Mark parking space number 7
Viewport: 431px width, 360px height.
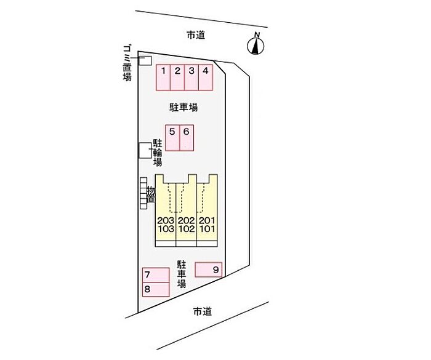pyautogui.click(x=156, y=274)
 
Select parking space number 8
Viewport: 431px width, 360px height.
pyautogui.click(x=156, y=289)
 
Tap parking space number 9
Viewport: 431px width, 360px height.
pyautogui.click(x=209, y=270)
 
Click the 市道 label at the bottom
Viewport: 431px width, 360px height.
pyautogui.click(x=202, y=311)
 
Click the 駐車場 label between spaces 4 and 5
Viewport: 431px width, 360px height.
pyautogui.click(x=183, y=107)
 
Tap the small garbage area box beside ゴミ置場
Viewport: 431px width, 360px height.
pyautogui.click(x=145, y=60)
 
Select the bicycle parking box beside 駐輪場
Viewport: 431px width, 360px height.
pyautogui.click(x=145, y=150)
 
